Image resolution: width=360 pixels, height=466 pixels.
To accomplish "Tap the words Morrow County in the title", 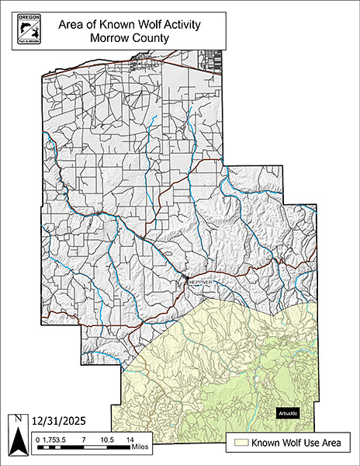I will click(130, 37).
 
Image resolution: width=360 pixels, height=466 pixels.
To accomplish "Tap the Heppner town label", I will click(189, 283).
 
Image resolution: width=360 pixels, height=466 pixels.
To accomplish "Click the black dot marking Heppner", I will click(186, 277).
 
